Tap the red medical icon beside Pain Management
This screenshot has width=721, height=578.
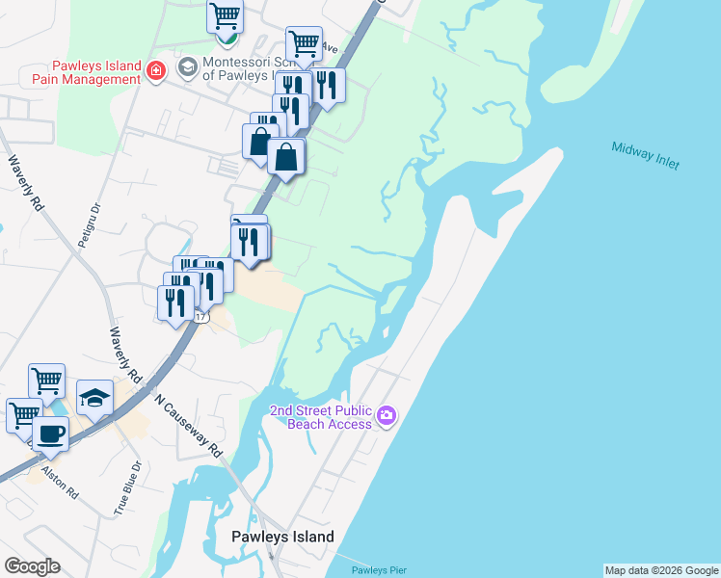pyautogui.click(x=157, y=69)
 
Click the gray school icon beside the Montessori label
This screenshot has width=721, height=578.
pyautogui.click(x=186, y=67)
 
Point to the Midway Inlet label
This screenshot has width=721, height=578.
pyautogui.click(x=645, y=155)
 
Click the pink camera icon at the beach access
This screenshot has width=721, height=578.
pyautogui.click(x=387, y=415)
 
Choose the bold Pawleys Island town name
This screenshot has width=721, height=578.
pyautogui.click(x=282, y=538)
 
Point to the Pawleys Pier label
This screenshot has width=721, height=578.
pyautogui.click(x=379, y=570)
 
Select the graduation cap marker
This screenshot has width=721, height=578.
pyautogui.click(x=94, y=398)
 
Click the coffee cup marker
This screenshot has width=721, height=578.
pyautogui.click(x=50, y=434)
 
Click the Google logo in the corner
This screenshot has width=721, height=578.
pyautogui.click(x=32, y=566)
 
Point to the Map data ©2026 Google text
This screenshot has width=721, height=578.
pyautogui.click(x=661, y=570)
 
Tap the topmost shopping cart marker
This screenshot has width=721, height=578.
pyautogui.click(x=225, y=15)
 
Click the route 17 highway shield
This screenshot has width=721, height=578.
pyautogui.click(x=201, y=317)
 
